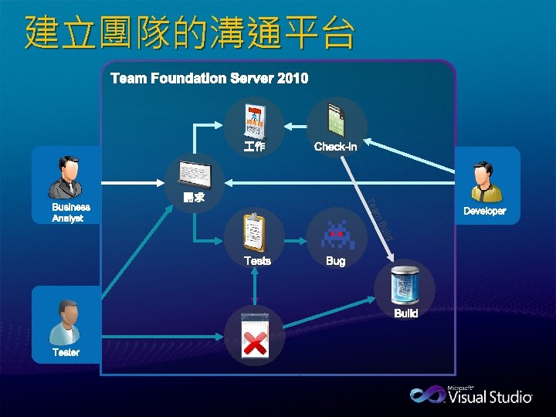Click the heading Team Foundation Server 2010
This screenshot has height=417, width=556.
click(209, 78)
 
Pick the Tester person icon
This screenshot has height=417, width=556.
click(65, 322)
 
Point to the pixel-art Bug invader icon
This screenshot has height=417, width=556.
click(337, 234)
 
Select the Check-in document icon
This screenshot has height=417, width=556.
click(337, 120)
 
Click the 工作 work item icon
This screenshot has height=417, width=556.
click(254, 120)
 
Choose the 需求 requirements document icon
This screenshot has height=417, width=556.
click(194, 173)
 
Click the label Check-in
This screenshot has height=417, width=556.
click(335, 147)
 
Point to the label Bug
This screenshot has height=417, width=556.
click(335, 262)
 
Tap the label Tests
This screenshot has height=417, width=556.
click(257, 261)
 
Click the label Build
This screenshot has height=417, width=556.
click(405, 314)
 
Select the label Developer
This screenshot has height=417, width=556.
click(484, 211)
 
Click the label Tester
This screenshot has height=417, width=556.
click(66, 353)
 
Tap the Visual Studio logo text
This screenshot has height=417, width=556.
click(490, 397)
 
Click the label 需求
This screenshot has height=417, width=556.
click(194, 198)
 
